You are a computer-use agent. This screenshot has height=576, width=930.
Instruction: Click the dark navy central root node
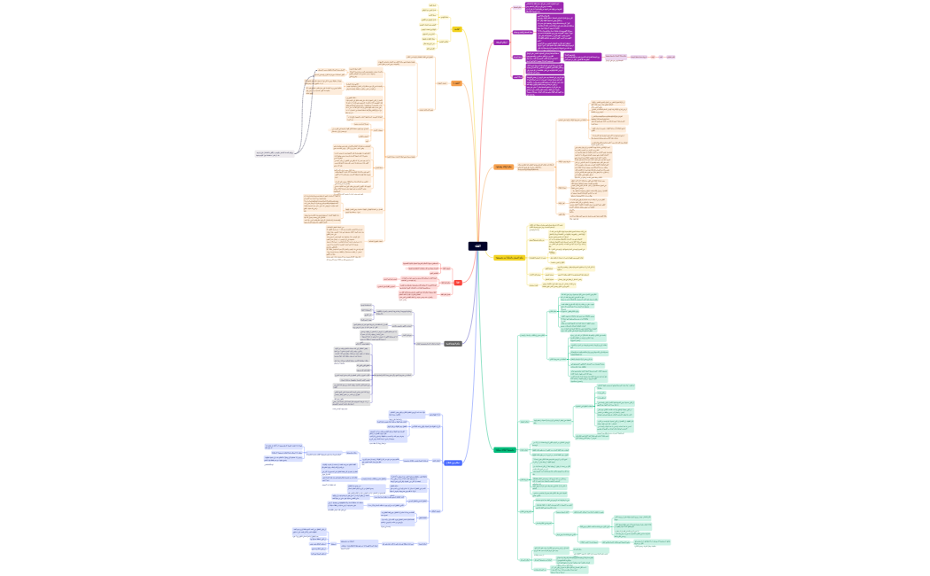click(477, 246)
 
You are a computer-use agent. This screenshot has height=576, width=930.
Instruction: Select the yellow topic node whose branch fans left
click(457, 29)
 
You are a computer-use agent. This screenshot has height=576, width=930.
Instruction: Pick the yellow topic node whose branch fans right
click(509, 258)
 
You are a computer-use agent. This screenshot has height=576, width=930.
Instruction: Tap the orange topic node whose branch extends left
click(457, 83)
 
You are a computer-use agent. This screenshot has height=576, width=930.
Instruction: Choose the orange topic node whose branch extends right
click(503, 167)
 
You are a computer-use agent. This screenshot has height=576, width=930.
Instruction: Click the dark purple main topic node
click(501, 42)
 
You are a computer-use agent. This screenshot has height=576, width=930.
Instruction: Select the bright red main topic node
click(458, 282)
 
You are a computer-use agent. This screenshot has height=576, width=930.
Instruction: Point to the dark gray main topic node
click(453, 344)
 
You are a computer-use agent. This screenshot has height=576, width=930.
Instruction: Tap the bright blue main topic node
click(453, 463)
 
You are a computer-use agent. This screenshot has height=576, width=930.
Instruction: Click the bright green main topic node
click(504, 450)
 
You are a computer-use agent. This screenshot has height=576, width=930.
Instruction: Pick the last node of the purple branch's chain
click(670, 58)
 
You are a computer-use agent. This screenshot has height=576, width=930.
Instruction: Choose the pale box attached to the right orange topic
click(536, 166)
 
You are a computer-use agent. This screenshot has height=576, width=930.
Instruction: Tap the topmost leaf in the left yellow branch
click(432, 5)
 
